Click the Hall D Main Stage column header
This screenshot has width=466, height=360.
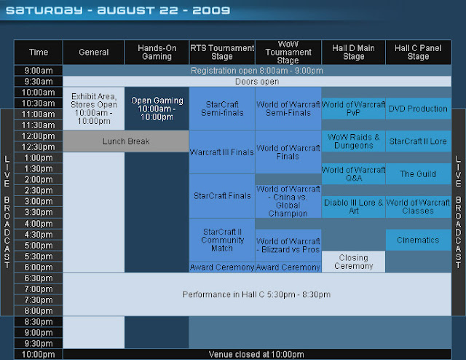(x=353, y=52)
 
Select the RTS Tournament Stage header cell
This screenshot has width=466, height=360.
(x=222, y=52)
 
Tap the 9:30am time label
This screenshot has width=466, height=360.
(x=39, y=82)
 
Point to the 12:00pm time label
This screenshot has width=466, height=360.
(x=39, y=136)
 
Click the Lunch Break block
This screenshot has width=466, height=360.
(x=126, y=141)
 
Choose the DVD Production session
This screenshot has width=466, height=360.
(x=418, y=109)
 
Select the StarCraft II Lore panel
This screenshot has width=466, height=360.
(x=418, y=141)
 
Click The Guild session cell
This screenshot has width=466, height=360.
(x=418, y=173)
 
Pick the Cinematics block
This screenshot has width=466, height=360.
(x=418, y=240)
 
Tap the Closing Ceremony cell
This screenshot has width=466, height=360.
(x=353, y=262)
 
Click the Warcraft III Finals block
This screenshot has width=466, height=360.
(x=222, y=152)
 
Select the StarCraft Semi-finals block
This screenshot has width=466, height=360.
(x=222, y=109)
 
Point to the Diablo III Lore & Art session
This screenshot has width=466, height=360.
(x=353, y=206)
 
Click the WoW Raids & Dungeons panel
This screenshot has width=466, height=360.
(x=353, y=141)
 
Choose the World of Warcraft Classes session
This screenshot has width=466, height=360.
(x=418, y=206)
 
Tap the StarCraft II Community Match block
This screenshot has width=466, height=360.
(x=222, y=240)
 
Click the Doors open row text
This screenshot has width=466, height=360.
(x=257, y=82)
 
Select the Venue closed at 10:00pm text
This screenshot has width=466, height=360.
(x=256, y=354)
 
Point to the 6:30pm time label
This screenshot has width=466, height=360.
(x=39, y=278)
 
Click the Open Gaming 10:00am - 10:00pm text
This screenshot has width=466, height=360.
(x=157, y=109)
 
